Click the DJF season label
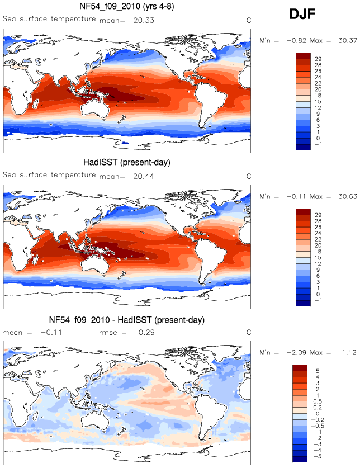tap(302, 14)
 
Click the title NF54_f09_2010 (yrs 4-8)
tap(126, 6)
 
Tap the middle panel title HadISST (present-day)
tap(126, 162)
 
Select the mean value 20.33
tap(144, 20)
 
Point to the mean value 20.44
tap(144, 176)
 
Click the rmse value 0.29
tap(146, 333)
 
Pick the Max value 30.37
tap(348, 41)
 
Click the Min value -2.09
tap(296, 352)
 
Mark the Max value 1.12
tap(349, 352)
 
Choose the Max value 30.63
tap(348, 197)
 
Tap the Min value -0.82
tap(296, 41)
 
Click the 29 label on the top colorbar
tap(318, 59)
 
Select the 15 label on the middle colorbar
tap(318, 258)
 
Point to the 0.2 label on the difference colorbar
tap(318, 408)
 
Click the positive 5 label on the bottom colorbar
tap(318, 371)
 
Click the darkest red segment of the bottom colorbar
tap(300, 368)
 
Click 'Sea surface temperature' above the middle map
tap(49, 175)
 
